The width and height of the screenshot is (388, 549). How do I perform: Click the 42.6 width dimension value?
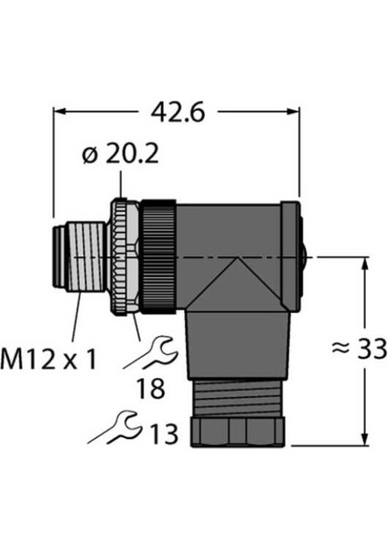point(178,113)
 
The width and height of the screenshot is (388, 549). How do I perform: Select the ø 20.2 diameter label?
point(121,154)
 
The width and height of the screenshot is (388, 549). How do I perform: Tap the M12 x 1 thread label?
point(48,360)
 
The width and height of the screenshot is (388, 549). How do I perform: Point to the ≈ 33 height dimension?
point(359,349)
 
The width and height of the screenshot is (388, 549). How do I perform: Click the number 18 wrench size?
point(151,389)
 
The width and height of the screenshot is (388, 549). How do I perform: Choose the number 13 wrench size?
point(164,434)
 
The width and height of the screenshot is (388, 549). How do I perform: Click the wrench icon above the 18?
point(151,353)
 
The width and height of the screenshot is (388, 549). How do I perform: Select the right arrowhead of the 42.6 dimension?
point(293,112)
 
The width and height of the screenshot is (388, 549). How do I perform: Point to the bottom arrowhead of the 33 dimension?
point(365,439)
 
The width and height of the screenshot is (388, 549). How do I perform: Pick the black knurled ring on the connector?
point(158,257)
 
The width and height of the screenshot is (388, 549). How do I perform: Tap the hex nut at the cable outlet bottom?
point(237,432)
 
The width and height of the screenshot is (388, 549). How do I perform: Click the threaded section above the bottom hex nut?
point(237,398)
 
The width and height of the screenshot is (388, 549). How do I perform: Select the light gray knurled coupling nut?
point(124,257)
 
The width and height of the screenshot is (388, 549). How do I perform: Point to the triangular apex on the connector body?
point(237,258)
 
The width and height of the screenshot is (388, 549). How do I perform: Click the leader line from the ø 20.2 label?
point(121,184)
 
